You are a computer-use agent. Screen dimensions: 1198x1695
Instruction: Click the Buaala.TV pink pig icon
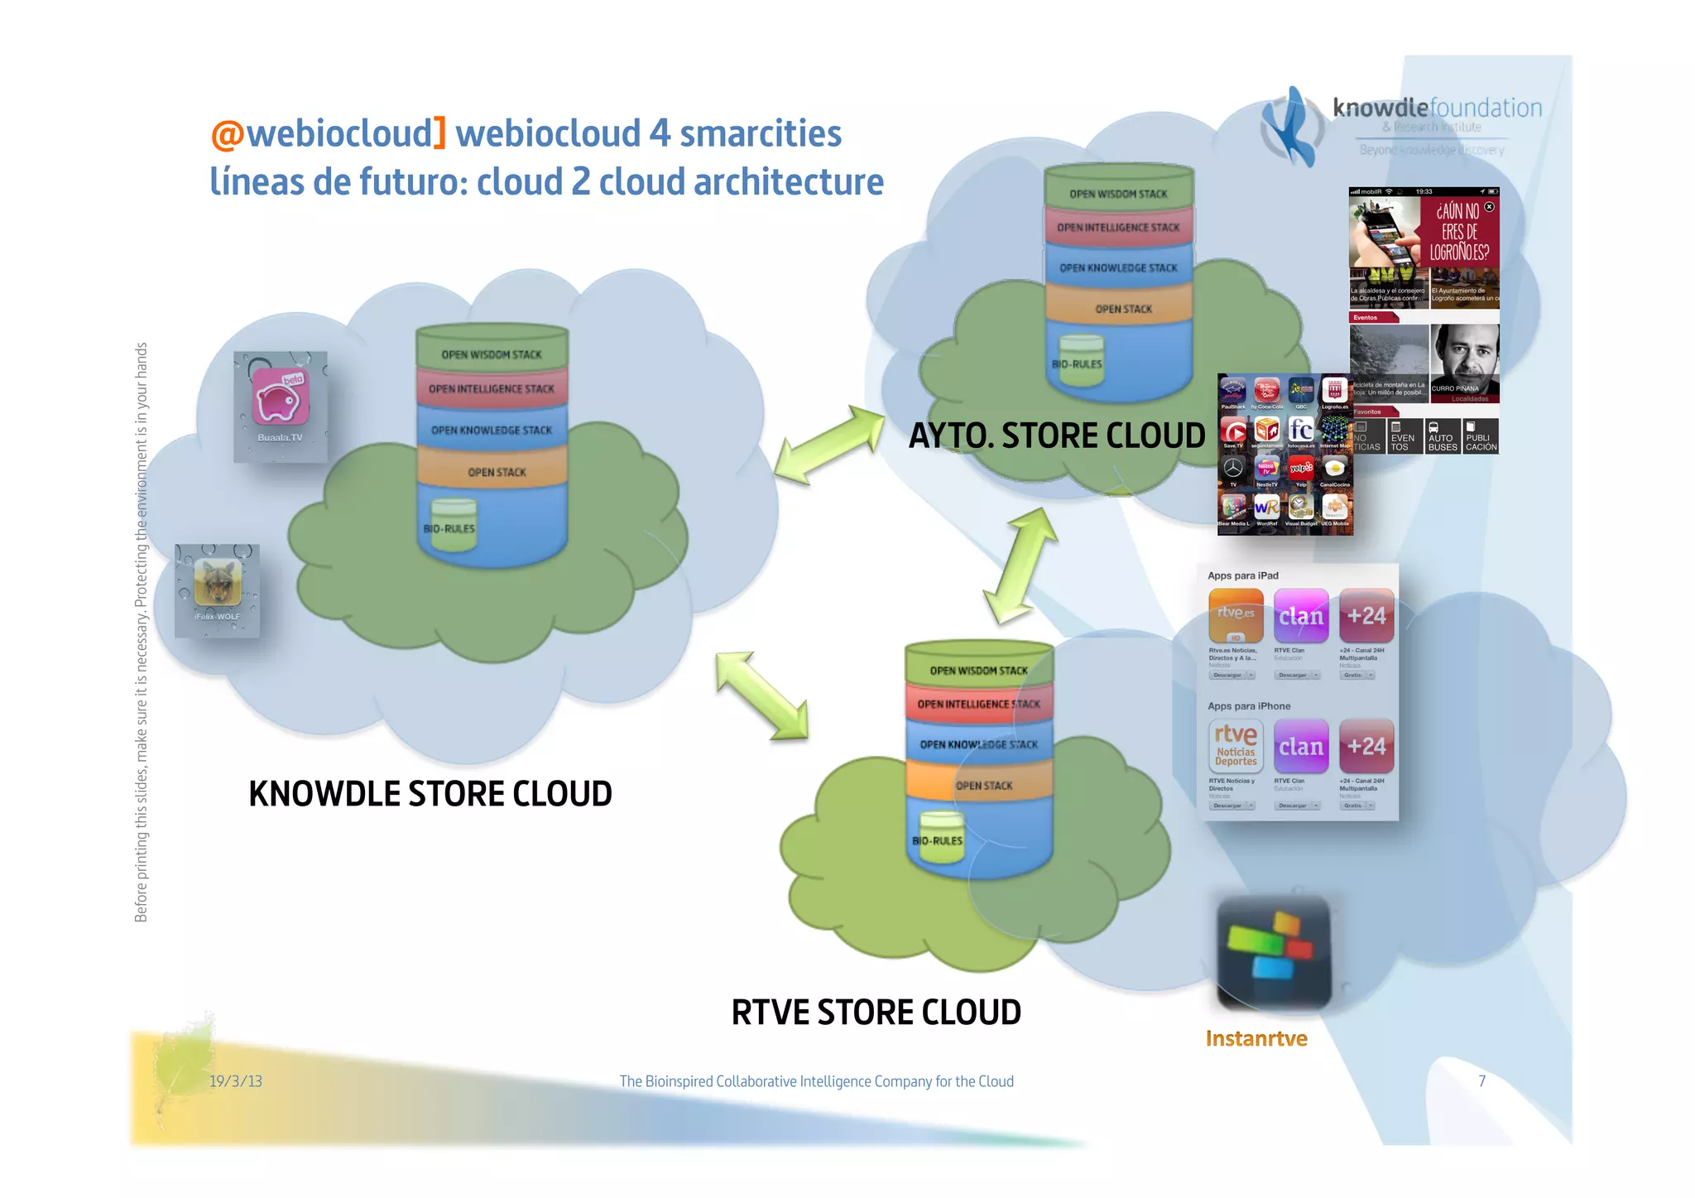280,398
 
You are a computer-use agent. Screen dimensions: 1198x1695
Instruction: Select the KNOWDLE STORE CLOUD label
430,793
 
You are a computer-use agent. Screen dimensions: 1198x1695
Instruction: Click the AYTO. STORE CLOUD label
1056,435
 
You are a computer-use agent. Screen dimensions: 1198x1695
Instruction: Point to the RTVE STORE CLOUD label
876,1012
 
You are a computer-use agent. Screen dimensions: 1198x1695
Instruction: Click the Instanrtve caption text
1256,1038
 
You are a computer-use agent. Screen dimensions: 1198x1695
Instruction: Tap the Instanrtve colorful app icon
1273,952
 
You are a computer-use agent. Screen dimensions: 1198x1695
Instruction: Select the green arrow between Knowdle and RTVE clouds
761,695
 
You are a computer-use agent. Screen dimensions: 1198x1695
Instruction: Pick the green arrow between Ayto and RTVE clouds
1020,565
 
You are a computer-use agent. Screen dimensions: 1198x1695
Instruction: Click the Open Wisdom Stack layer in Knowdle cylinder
492,354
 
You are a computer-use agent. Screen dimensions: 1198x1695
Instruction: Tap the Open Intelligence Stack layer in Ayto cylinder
1117,227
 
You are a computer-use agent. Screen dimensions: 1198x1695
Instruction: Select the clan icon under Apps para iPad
1300,616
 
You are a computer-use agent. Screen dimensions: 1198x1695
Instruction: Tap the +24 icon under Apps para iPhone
1366,746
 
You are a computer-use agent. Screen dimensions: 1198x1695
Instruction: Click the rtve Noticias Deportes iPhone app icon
1235,746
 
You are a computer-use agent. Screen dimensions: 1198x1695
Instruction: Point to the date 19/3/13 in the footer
235,1080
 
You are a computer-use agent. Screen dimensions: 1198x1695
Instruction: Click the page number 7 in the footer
1481,1080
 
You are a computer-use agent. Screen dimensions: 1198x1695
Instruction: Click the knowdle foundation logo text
1437,108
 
